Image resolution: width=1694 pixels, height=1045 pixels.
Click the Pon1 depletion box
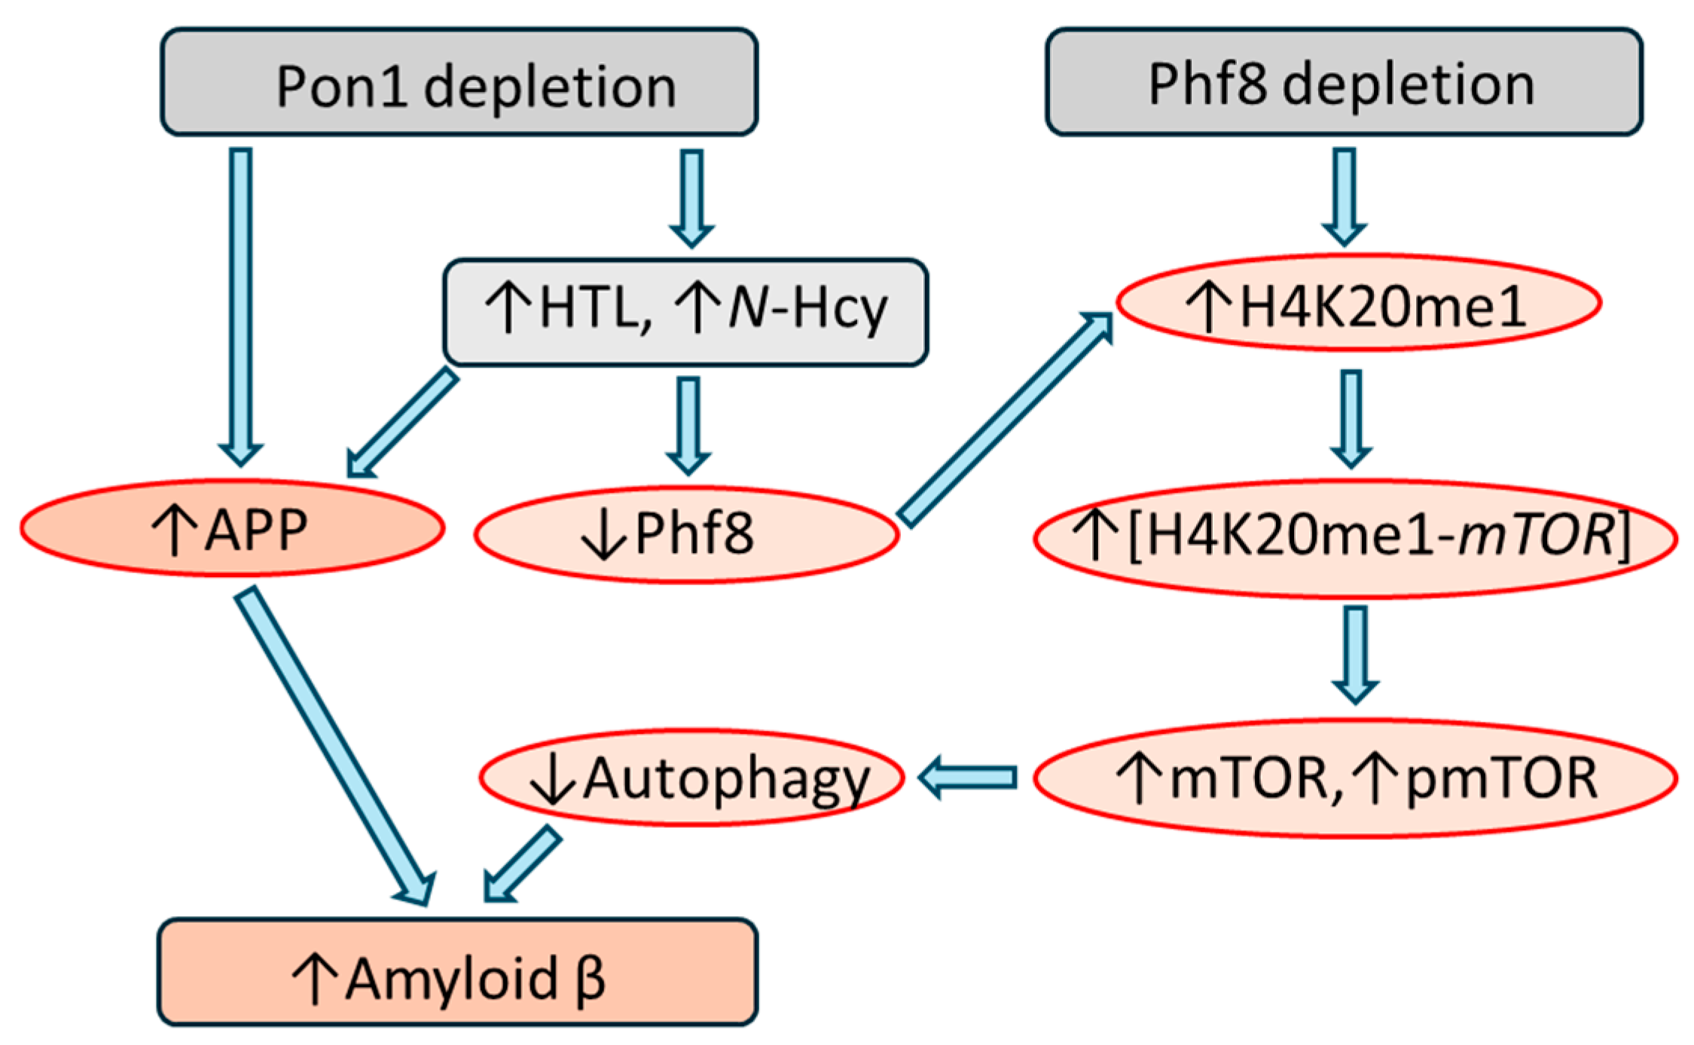point(459,82)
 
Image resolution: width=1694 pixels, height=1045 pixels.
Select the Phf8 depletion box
point(1344,82)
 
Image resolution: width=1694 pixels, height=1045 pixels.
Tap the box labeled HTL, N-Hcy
point(685,312)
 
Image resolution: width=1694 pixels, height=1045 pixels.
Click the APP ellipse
point(232,528)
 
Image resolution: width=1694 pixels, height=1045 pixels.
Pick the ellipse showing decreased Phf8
point(686,533)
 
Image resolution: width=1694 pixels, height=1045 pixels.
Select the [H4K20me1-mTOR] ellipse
point(1355,538)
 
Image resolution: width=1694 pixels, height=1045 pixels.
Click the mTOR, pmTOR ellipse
point(1355,778)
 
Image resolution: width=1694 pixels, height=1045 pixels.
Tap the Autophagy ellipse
point(691,778)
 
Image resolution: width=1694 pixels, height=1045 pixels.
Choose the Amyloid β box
point(457,972)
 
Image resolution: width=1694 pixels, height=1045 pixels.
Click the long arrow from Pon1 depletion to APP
point(241,301)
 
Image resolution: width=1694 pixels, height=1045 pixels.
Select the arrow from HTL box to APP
point(403,422)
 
